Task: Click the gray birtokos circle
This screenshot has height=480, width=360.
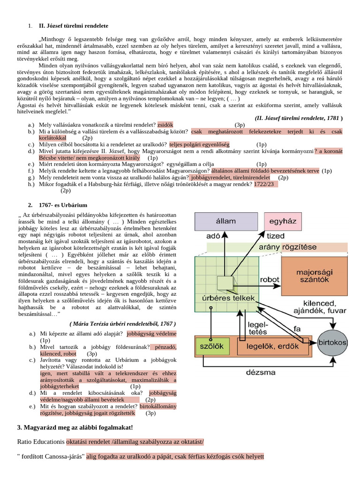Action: coord(332,343)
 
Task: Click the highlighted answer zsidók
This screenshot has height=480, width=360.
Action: coord(165,125)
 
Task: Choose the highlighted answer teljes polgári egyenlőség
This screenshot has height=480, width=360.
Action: coord(199,144)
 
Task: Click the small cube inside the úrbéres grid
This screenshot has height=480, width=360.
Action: coord(224,283)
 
